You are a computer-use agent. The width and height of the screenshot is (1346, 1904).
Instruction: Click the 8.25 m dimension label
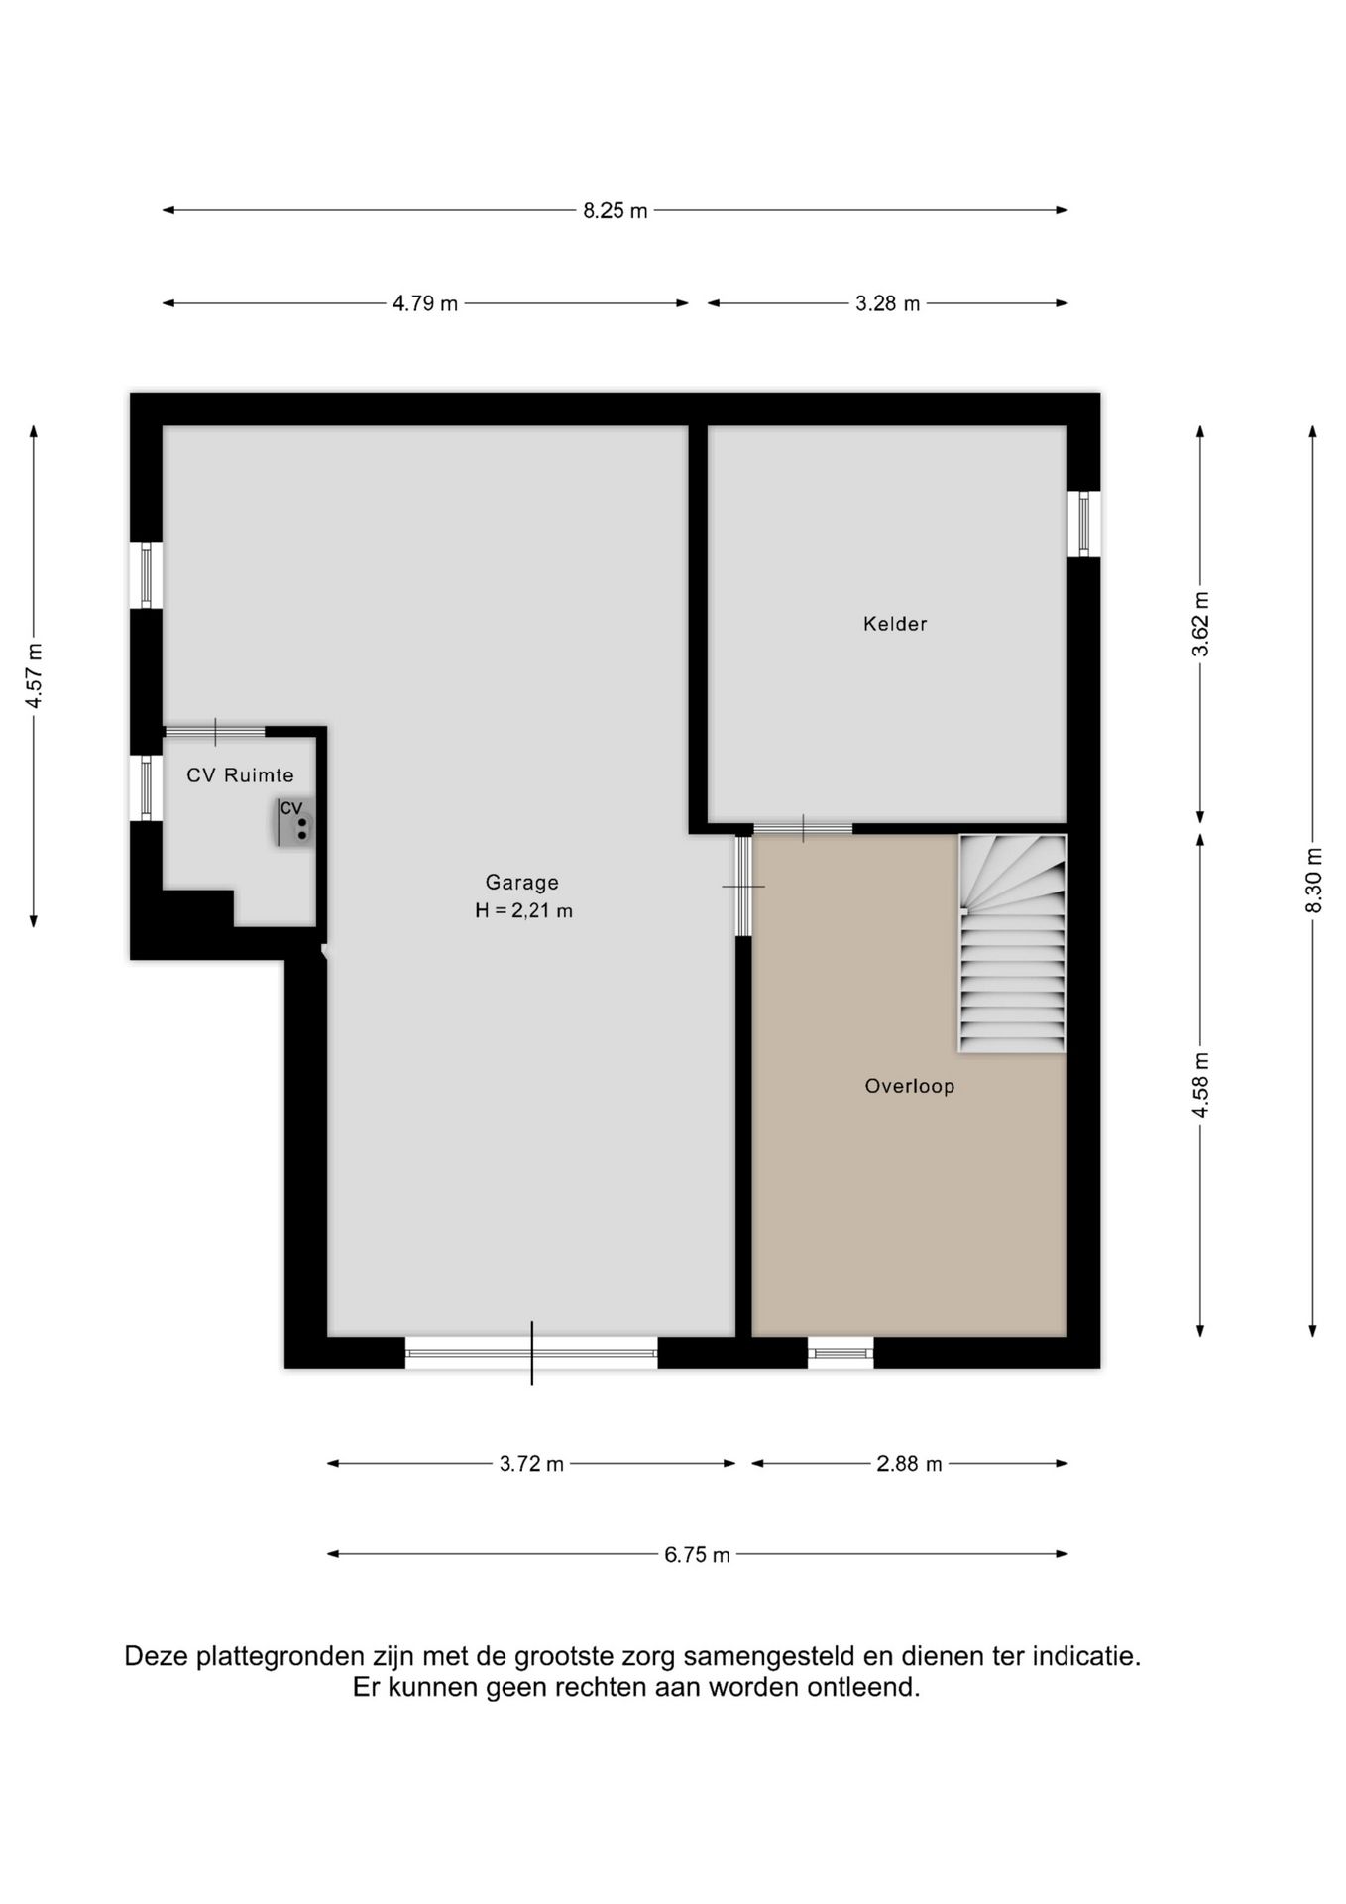pos(615,210)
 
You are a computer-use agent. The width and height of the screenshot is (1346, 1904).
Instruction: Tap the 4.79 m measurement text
pos(425,303)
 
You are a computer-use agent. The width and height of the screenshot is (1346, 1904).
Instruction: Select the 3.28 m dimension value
pos(888,303)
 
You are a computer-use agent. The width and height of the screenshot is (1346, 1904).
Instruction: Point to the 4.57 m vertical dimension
pos(34,676)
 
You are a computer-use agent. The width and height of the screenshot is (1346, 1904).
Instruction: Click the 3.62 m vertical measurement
pos(1200,624)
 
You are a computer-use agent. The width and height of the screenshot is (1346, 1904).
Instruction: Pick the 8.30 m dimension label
pos(1313,881)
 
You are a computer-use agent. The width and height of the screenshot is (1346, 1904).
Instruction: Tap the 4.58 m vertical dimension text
pos(1200,1085)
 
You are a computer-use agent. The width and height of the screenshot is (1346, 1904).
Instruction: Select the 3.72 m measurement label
pos(531,1464)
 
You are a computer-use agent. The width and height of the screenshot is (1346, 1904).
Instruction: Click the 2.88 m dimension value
pos(909,1464)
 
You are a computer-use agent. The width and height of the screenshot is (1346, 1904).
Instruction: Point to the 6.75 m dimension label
pos(697,1555)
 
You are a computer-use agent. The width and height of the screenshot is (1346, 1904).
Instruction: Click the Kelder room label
pos(895,624)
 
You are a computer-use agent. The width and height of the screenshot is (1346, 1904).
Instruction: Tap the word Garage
pos(522,882)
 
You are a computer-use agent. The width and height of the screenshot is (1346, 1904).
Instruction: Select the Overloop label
pos(910,1086)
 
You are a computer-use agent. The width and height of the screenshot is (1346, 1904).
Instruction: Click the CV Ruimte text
pos(240,775)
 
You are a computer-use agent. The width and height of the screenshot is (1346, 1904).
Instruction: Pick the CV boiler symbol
pos(294,822)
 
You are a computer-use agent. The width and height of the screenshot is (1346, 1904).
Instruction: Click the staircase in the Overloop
pos(1012,943)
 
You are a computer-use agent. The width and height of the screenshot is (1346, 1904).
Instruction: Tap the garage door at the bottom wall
pos(531,1353)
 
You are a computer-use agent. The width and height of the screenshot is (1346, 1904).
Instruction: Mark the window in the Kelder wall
pos(1083,524)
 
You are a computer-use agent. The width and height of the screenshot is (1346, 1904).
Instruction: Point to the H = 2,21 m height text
pos(523,910)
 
